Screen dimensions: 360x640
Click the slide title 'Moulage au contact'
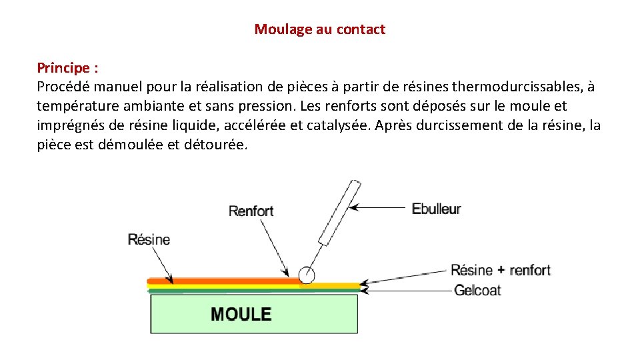(x=320, y=29)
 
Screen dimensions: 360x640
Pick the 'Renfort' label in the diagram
(x=251, y=211)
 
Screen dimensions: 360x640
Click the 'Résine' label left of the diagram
(x=149, y=239)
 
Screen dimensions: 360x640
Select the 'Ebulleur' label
(x=437, y=209)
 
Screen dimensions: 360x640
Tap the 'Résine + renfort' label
(x=501, y=270)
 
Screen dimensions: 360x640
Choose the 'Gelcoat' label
(x=477, y=291)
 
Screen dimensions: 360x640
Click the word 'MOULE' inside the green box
(x=241, y=314)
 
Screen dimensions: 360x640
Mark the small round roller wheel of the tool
(x=307, y=275)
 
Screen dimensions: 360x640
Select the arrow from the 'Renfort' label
(x=274, y=247)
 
